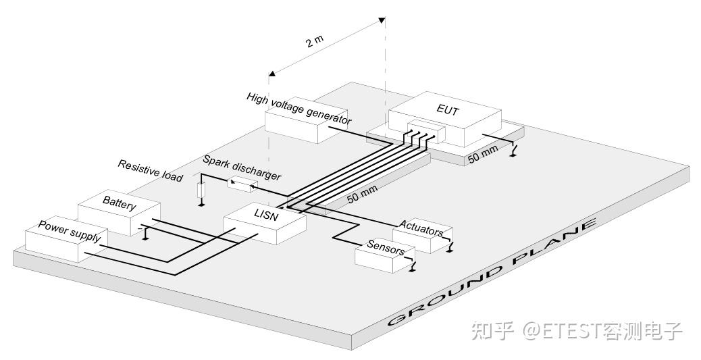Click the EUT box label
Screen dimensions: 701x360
click(x=448, y=109)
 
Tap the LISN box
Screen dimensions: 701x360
click(x=265, y=223)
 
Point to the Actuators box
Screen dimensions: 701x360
click(x=423, y=236)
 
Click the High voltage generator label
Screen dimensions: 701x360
click(x=298, y=109)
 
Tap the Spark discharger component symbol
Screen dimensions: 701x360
click(x=242, y=184)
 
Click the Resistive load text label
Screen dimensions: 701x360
click(x=150, y=171)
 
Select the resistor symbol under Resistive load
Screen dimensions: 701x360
click(x=201, y=190)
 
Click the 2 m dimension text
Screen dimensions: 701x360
click(x=314, y=41)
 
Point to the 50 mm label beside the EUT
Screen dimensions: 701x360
click(x=483, y=154)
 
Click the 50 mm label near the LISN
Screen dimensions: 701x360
click(x=363, y=193)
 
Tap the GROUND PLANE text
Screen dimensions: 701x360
click(x=492, y=272)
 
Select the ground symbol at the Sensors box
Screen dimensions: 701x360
click(x=412, y=267)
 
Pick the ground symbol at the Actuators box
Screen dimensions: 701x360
click(x=449, y=247)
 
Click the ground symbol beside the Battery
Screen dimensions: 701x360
click(x=145, y=234)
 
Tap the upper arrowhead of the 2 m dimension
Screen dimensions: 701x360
click(x=382, y=20)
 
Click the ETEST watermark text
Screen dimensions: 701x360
click(x=577, y=331)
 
